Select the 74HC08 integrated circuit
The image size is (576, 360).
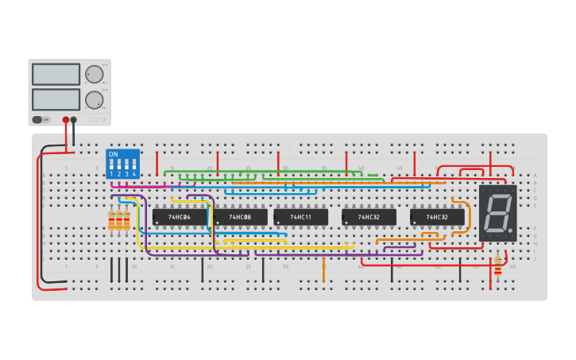[x=240, y=217]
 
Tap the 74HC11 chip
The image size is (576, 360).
[x=300, y=217]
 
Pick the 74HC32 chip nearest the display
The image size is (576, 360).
[x=437, y=217]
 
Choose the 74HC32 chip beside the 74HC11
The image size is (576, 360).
[x=369, y=217]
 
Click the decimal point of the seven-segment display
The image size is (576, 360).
[x=510, y=232]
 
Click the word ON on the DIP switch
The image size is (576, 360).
[x=113, y=154]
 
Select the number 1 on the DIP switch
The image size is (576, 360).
[x=112, y=173]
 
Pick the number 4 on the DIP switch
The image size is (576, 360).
[x=133, y=173]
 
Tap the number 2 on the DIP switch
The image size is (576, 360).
[x=119, y=173]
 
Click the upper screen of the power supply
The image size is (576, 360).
[x=56, y=74]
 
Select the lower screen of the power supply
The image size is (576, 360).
[x=56, y=99]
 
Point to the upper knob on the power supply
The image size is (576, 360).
[x=94, y=74]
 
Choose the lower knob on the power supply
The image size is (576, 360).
[x=94, y=99]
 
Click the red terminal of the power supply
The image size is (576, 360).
[x=66, y=120]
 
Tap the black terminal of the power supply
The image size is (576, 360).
[x=74, y=120]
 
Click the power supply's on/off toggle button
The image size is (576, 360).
[x=37, y=120]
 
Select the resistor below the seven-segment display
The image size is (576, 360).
[x=498, y=265]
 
